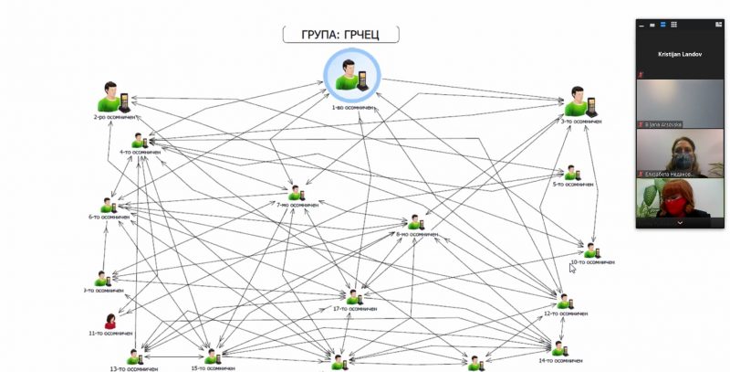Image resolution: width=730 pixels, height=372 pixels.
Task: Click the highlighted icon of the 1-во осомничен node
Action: pos(350,76)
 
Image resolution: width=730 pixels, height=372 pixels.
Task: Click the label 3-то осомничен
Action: pos(581,121)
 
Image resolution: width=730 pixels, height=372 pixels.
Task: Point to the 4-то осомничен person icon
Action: pos(140,141)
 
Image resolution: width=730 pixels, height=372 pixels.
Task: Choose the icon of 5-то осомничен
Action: pos(571,173)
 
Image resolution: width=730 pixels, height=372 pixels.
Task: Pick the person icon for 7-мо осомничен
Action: pos(296,193)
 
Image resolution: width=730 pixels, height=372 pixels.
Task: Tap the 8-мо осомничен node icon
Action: pos(416,222)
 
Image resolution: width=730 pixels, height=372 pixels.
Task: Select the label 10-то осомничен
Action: pos(590,262)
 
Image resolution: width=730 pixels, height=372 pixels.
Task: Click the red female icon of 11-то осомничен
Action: pos(110,321)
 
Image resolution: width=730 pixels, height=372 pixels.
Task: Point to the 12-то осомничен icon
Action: pos(564,301)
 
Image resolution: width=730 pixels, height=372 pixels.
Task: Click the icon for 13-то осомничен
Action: pos(135,356)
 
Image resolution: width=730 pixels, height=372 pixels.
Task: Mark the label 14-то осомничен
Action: pos(559,361)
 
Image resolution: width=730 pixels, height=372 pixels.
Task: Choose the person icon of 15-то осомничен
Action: pos(213,356)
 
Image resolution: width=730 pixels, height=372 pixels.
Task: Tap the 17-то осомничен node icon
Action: pos(354,297)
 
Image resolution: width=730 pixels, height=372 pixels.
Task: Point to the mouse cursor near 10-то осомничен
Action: pos(572,268)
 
